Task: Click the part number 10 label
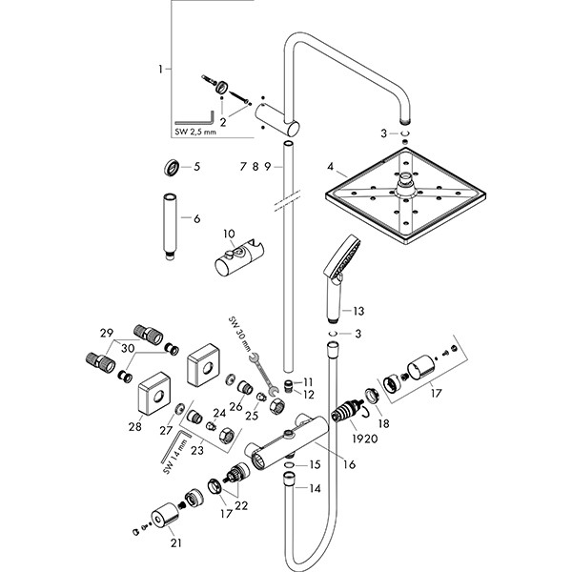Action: point(228,233)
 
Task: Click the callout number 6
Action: point(197,218)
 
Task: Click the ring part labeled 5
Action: point(171,168)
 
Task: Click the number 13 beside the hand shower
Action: point(357,312)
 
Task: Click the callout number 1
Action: point(161,69)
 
